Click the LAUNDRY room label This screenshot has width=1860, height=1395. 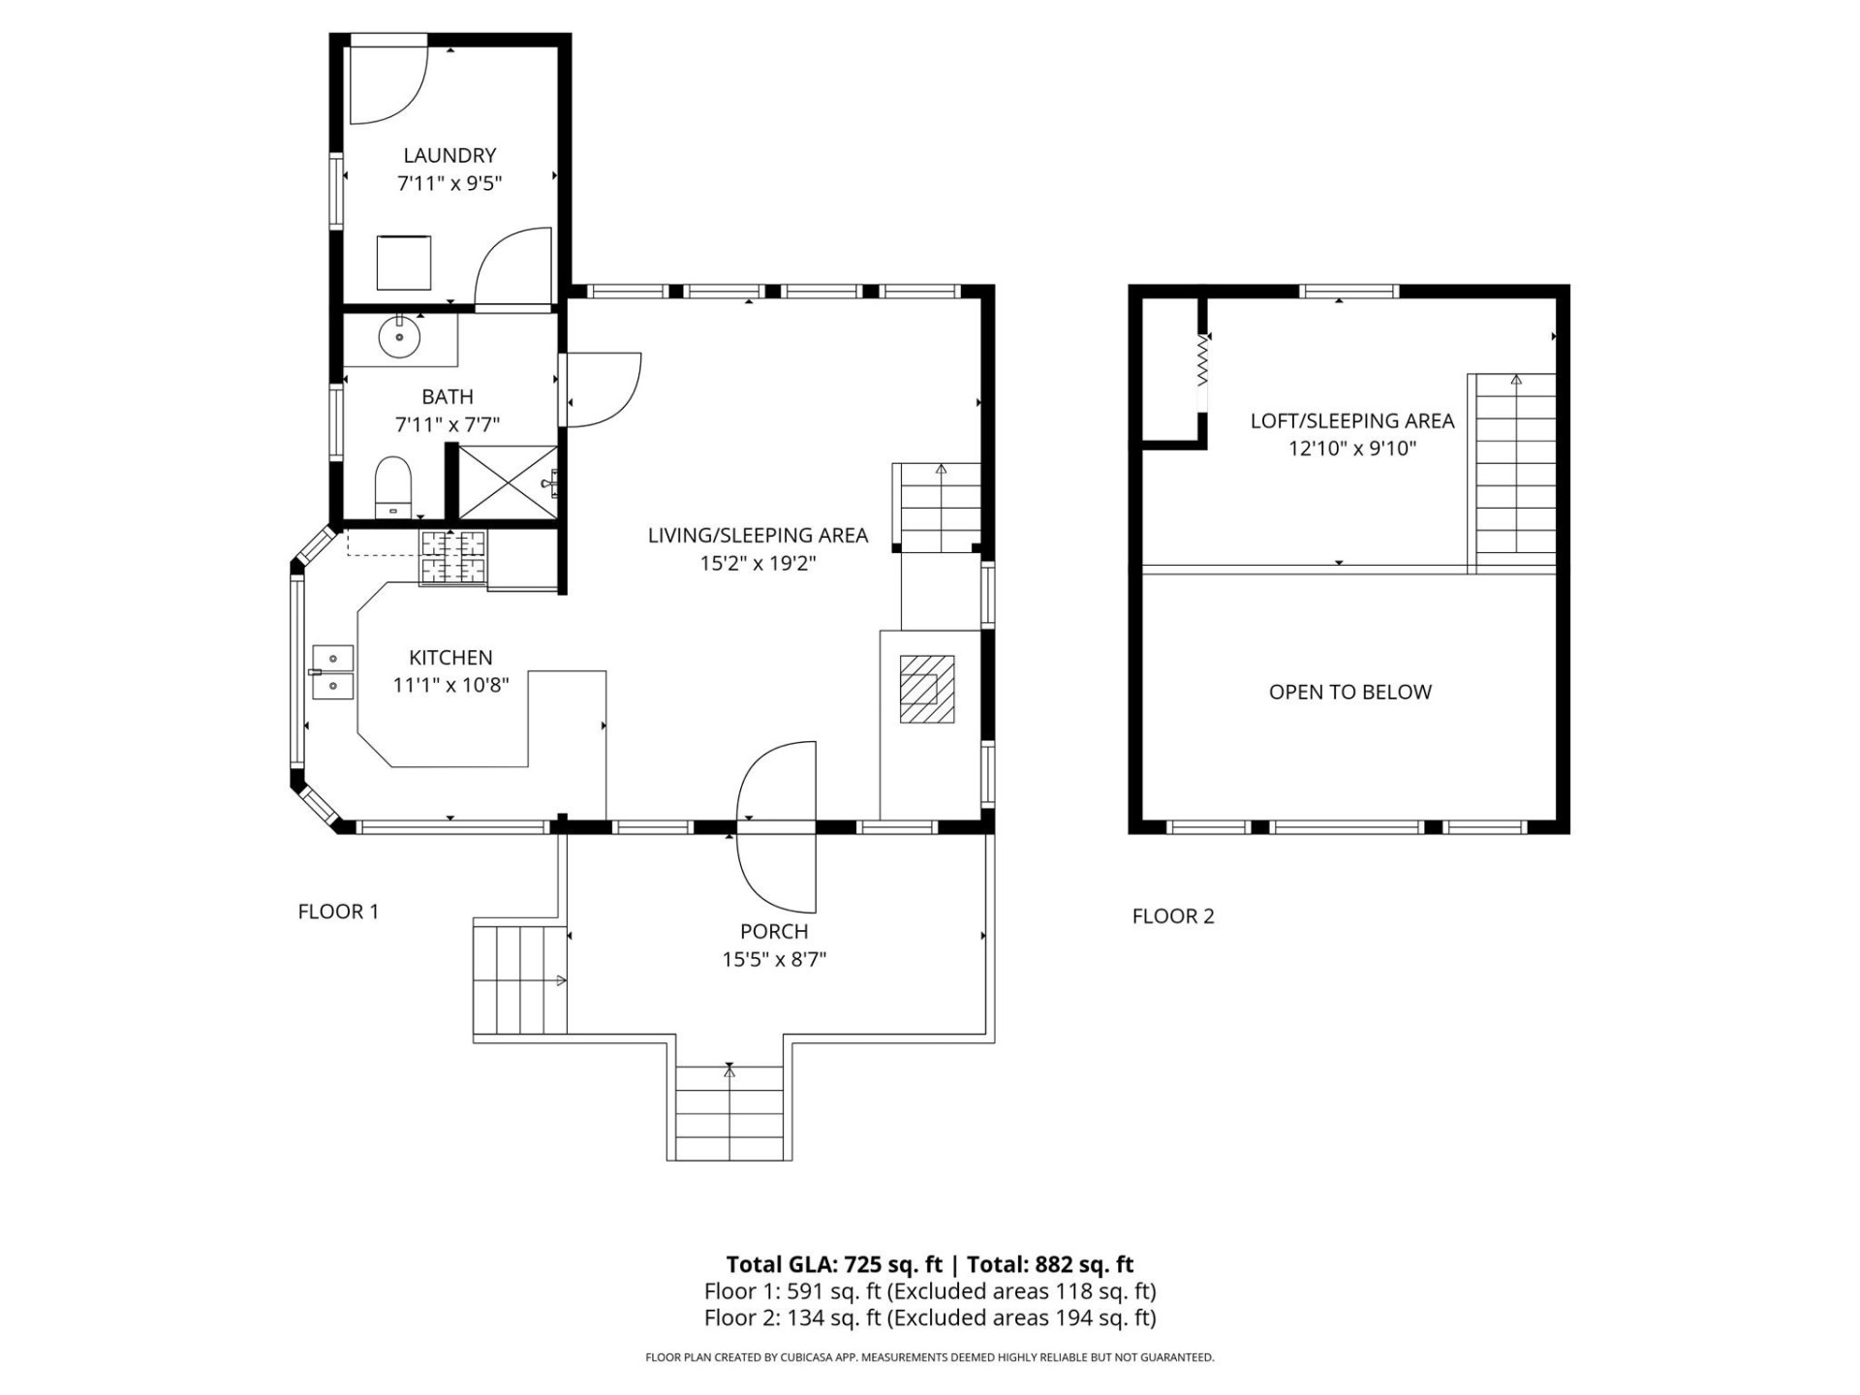(449, 155)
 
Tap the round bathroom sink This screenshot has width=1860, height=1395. (398, 338)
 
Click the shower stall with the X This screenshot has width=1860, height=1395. (506, 482)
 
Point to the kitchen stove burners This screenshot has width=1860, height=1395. (451, 557)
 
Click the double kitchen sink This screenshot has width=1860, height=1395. (332, 672)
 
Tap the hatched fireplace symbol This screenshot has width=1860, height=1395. (926, 689)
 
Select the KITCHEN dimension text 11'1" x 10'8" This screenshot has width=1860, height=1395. (450, 685)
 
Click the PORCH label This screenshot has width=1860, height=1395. (773, 932)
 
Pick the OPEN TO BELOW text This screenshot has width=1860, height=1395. (1349, 692)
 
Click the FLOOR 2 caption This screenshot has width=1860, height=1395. (1172, 916)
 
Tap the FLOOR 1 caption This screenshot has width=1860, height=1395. (338, 912)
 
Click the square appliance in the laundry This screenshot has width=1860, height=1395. (403, 262)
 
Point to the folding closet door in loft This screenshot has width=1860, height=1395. (1202, 360)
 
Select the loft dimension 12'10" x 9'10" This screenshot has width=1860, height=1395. (1351, 449)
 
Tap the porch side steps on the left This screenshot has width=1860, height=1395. (519, 979)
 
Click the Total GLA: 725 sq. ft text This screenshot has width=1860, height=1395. (834, 1264)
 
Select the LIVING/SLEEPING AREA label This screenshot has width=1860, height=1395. (758, 535)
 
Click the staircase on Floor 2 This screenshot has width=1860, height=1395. (1514, 473)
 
